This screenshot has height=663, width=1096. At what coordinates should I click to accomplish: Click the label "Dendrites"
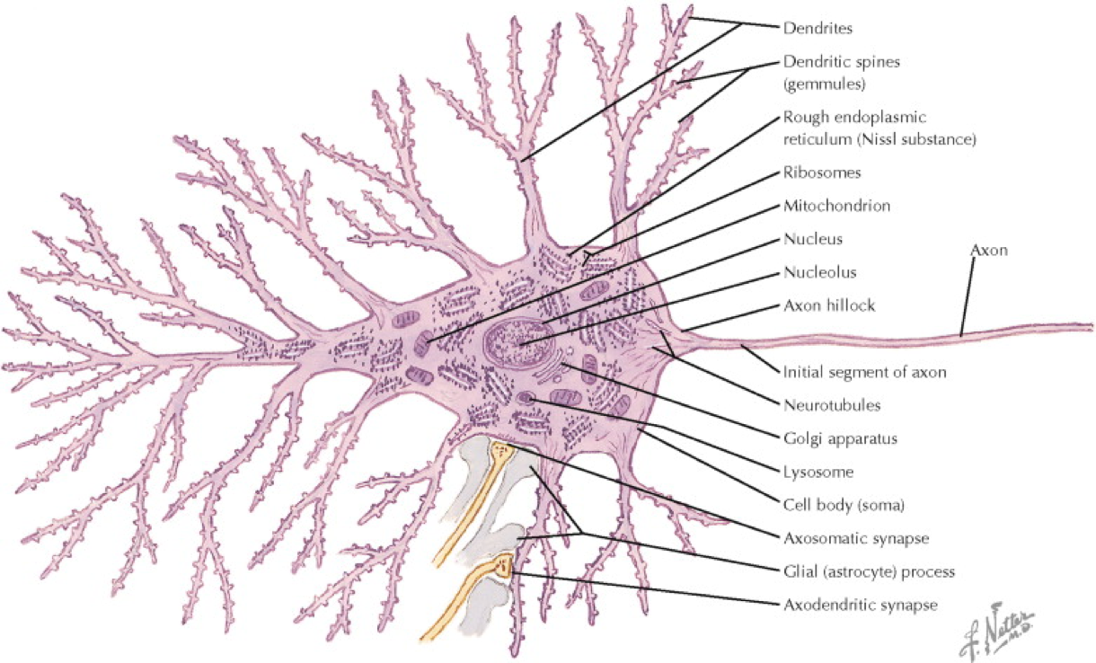click(817, 29)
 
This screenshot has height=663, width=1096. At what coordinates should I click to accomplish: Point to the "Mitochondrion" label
click(836, 206)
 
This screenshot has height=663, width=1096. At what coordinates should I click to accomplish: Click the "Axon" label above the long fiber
click(989, 251)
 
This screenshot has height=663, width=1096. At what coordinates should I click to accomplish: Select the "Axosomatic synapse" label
click(855, 538)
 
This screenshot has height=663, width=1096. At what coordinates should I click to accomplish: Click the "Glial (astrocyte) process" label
click(868, 571)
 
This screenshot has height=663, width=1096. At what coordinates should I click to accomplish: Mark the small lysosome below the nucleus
click(526, 398)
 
